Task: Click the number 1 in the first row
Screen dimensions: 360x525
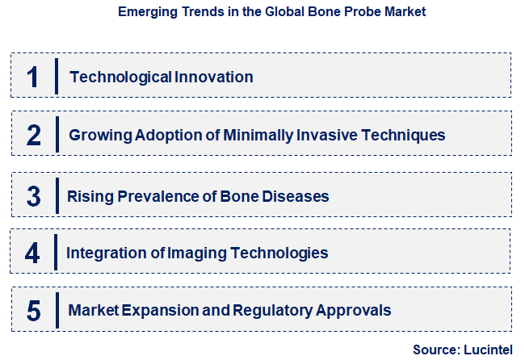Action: (33, 77)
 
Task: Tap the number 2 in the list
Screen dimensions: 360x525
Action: (33, 135)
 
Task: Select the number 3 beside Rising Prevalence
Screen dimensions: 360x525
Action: (33, 196)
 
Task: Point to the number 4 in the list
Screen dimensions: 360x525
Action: (32, 253)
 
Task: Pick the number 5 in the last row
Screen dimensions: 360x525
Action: (33, 310)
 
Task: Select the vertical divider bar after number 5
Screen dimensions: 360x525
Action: (57, 310)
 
